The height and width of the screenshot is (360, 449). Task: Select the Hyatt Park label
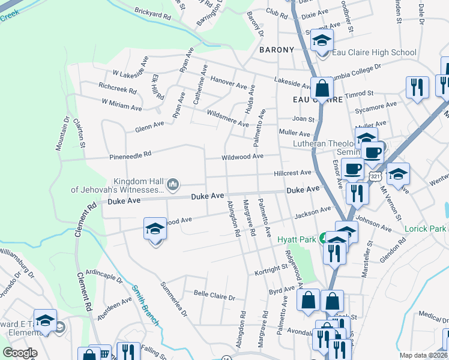tap(297, 239)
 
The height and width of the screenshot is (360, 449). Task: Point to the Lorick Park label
tap(426, 229)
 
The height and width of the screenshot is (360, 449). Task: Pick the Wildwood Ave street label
tap(243, 157)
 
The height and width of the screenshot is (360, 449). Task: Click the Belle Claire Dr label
tap(214, 295)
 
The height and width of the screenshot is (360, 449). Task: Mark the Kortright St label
tap(268, 271)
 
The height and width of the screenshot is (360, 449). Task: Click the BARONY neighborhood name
tap(277, 50)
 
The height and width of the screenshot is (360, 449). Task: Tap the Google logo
tap(20, 353)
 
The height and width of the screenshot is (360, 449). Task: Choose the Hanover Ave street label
tap(229, 81)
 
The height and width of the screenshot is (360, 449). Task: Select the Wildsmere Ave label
tap(227, 118)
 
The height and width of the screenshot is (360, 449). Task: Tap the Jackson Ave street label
tap(313, 213)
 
